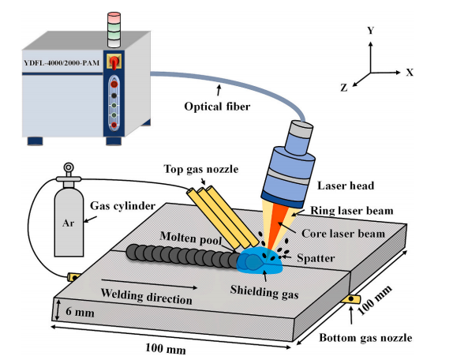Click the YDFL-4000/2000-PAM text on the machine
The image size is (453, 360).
(x=62, y=62)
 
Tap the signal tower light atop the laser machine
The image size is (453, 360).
(x=114, y=30)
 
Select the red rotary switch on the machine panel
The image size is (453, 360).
(x=114, y=62)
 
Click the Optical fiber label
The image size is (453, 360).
(x=217, y=107)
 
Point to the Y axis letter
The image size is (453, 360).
(x=371, y=30)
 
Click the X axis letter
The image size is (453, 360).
(x=410, y=72)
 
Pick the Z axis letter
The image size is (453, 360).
(x=344, y=88)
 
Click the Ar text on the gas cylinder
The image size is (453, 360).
(x=68, y=223)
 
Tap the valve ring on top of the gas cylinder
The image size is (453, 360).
(x=69, y=167)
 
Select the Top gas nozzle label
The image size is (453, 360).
(x=201, y=169)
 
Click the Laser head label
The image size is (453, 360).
(x=346, y=186)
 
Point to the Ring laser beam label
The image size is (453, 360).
(x=352, y=211)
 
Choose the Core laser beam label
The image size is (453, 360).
(x=343, y=234)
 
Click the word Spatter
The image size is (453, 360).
(x=316, y=257)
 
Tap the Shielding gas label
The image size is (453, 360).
(x=264, y=291)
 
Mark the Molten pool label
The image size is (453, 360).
(x=191, y=238)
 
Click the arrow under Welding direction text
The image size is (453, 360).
(x=149, y=283)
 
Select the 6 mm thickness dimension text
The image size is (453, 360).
(x=80, y=312)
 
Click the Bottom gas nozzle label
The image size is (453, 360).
(x=365, y=338)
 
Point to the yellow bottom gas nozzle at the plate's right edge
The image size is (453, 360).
(x=350, y=298)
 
